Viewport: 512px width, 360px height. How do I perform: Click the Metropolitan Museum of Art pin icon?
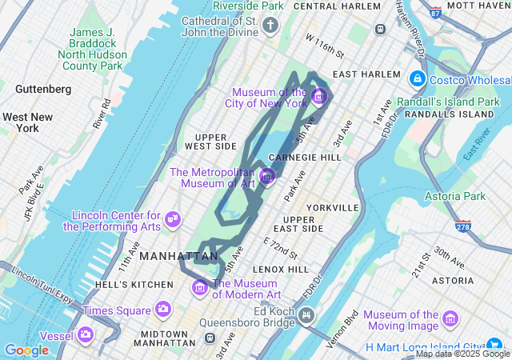267,175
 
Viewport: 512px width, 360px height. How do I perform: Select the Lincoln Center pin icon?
173,218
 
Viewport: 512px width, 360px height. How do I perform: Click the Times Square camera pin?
163,309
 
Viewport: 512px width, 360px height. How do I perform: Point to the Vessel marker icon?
86,334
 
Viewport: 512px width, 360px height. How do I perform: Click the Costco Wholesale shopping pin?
417,79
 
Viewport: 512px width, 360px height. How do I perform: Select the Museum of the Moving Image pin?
450,320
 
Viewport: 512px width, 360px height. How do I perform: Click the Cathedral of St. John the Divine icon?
270,26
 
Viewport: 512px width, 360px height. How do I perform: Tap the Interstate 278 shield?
462,226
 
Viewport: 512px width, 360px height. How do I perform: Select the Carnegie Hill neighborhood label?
305,157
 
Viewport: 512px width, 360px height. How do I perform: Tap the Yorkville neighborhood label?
332,207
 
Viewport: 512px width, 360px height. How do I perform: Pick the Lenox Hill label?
281,270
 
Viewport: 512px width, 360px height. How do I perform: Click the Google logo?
26,350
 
